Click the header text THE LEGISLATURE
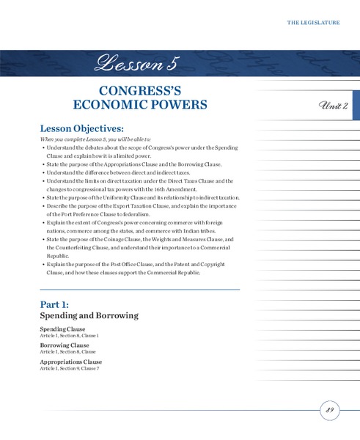click(313, 23)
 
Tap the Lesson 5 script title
click(136, 64)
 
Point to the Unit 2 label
click(334, 106)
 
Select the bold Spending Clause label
click(62, 329)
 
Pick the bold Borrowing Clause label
click(65, 345)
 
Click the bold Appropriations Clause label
click(70, 362)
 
